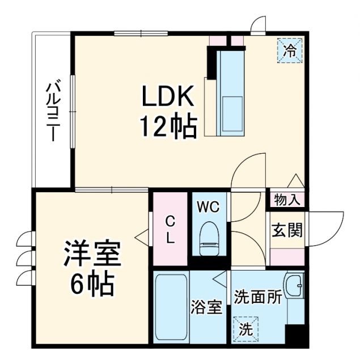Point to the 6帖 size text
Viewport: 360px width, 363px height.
coord(92,283)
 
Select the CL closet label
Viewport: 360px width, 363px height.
coord(170,230)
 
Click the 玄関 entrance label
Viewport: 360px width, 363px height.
coord(287,230)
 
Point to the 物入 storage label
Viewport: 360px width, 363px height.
coord(287,199)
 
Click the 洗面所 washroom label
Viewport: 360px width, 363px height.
coord(258,297)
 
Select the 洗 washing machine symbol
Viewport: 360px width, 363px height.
coord(245,328)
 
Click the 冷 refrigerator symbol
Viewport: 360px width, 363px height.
coord(290,50)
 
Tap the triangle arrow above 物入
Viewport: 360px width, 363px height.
coord(296,180)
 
